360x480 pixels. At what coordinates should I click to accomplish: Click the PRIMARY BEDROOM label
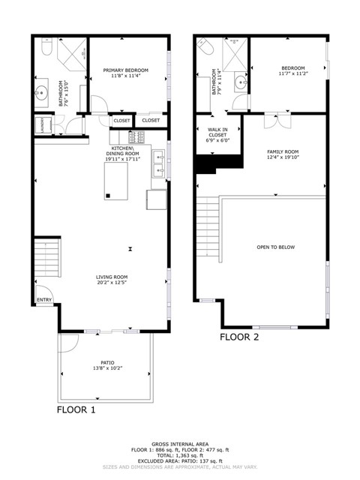tap(125, 70)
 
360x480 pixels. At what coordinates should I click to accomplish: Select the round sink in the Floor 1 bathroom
tap(40, 94)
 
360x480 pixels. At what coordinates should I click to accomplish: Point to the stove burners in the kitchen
tap(137, 137)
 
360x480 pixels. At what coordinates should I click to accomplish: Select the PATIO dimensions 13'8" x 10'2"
tap(106, 367)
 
